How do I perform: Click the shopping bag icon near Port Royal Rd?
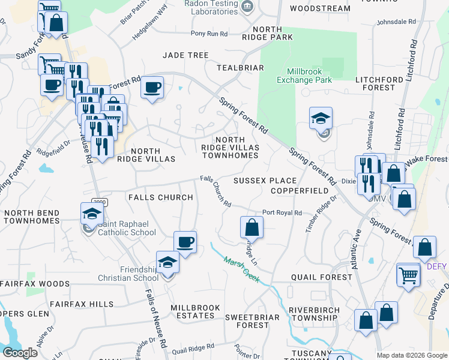[252, 227]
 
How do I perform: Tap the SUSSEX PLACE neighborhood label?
[265, 181]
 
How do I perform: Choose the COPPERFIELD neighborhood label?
[300, 190]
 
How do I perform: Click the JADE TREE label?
[185, 55]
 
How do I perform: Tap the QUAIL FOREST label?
[321, 277]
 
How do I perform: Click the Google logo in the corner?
[19, 352]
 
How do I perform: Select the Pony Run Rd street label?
[209, 34]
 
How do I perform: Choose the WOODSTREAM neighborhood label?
[319, 8]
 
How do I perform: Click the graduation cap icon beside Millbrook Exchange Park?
[321, 119]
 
